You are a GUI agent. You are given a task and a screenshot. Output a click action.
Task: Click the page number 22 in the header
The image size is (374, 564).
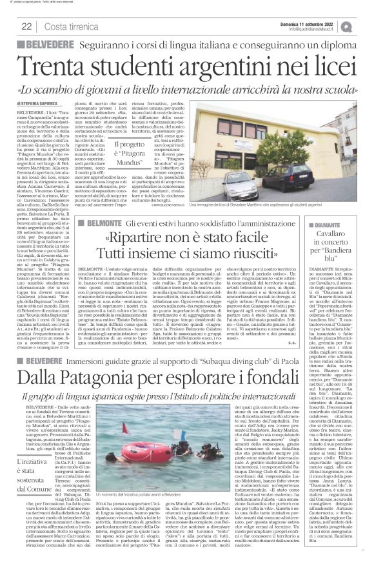[27, 26]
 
